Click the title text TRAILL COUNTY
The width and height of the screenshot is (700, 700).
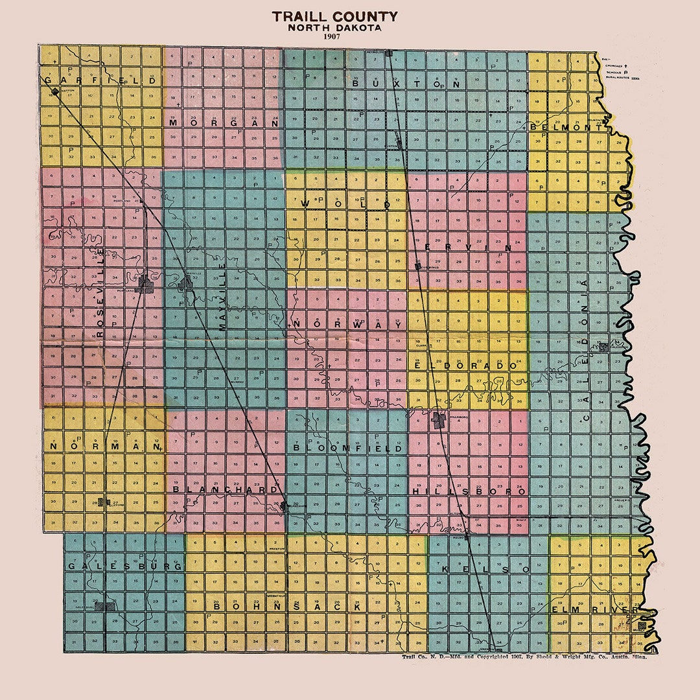[334, 17]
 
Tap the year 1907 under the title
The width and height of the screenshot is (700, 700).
[334, 37]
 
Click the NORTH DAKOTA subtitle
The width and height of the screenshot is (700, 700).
[334, 28]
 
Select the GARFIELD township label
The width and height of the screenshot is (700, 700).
[100, 80]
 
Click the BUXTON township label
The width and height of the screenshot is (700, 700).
[406, 84]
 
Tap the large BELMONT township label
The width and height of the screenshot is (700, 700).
[566, 128]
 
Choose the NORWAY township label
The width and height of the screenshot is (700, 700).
[348, 323]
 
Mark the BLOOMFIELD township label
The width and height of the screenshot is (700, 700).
[347, 448]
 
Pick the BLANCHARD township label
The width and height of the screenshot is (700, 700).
[225, 490]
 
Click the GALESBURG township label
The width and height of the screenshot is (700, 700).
[124, 566]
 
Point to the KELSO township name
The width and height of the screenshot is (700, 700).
[485, 568]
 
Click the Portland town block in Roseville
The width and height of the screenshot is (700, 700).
[145, 283]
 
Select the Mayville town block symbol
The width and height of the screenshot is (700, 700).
[186, 282]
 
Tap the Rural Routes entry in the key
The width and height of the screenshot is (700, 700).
[621, 77]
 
